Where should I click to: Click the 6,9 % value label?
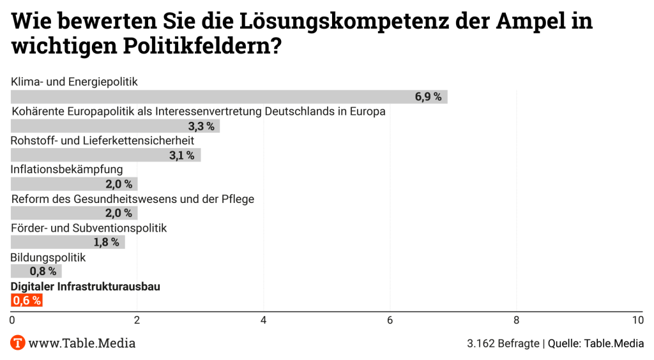[428, 97]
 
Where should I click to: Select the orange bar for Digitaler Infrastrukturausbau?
[27, 300]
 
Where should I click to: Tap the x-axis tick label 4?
[263, 320]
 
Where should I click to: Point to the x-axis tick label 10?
[637, 320]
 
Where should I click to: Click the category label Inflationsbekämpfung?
[66, 169]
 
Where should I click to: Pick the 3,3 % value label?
[201, 126]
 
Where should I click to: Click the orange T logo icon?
[18, 343]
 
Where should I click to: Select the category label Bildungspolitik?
[48, 257]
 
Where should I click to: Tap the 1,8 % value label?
[106, 242]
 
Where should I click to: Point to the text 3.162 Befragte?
[502, 343]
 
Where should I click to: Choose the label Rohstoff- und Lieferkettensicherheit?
[102, 140]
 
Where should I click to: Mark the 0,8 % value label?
[43, 271]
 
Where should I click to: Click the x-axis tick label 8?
[516, 320]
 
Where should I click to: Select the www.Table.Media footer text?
[82, 343]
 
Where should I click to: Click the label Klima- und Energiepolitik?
[74, 82]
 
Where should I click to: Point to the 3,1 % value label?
[182, 155]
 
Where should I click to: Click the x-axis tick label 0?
[12, 320]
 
